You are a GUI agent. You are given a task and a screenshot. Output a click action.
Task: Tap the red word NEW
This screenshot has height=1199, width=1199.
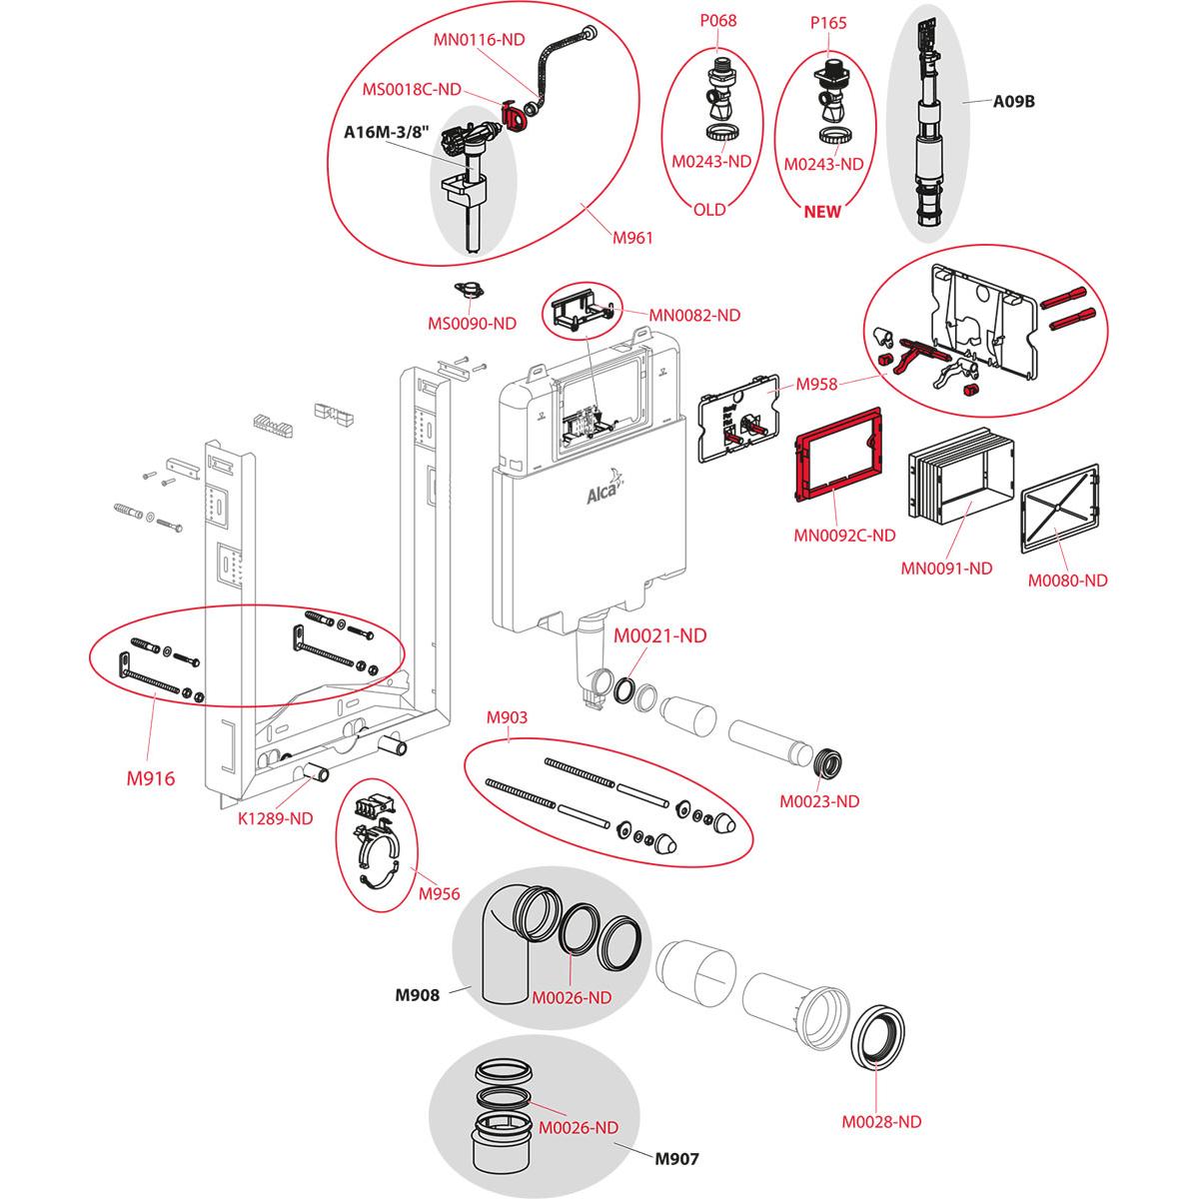[x=823, y=211]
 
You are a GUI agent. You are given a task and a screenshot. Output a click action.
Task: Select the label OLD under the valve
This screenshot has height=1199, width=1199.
[x=709, y=210]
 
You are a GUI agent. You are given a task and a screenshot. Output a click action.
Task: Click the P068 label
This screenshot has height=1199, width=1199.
[x=717, y=20]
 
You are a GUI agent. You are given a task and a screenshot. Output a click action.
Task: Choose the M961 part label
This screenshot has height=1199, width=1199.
[x=632, y=237]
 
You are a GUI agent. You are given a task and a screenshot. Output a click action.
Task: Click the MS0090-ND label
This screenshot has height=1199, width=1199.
[x=474, y=323]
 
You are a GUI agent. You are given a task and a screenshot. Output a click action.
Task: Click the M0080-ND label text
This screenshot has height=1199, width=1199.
[x=1068, y=581]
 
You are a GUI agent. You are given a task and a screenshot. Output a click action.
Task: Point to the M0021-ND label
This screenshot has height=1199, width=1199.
[x=659, y=635]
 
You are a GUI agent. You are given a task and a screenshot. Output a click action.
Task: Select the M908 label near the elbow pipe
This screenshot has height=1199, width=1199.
[x=418, y=994]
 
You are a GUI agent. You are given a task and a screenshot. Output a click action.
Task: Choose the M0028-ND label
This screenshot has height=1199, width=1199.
[x=881, y=1122]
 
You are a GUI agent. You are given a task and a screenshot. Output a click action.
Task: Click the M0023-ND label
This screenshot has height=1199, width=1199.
[x=819, y=800]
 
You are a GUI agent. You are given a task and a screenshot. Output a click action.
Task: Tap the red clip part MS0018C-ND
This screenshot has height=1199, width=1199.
[x=517, y=117]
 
